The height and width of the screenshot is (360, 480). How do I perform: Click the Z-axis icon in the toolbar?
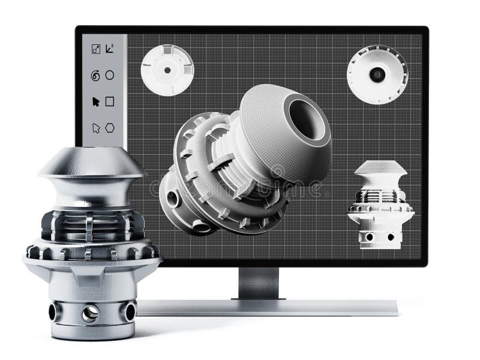(x=110, y=49)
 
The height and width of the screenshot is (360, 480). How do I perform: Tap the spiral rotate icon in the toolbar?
(x=95, y=76)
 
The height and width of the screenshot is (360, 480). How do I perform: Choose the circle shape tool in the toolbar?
(x=110, y=75)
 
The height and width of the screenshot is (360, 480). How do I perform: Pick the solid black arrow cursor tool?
(x=95, y=101)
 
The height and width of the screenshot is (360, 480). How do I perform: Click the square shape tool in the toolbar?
(x=110, y=101)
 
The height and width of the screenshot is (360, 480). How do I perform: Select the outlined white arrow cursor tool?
(x=95, y=128)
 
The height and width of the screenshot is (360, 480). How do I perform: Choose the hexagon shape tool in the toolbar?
(x=110, y=128)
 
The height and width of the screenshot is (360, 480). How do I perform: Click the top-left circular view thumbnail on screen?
(x=167, y=70)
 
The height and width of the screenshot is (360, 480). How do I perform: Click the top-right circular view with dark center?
(x=377, y=74)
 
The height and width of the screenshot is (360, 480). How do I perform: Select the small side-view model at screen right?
(x=380, y=204)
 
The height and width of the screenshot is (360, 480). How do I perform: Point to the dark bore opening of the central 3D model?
(x=307, y=118)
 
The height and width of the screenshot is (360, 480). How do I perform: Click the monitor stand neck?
(x=259, y=283)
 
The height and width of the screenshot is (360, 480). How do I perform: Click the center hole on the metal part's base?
(x=91, y=313)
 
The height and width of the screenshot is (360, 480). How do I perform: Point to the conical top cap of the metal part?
(x=91, y=162)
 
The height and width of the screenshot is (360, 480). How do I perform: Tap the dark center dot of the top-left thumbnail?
(x=167, y=70)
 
